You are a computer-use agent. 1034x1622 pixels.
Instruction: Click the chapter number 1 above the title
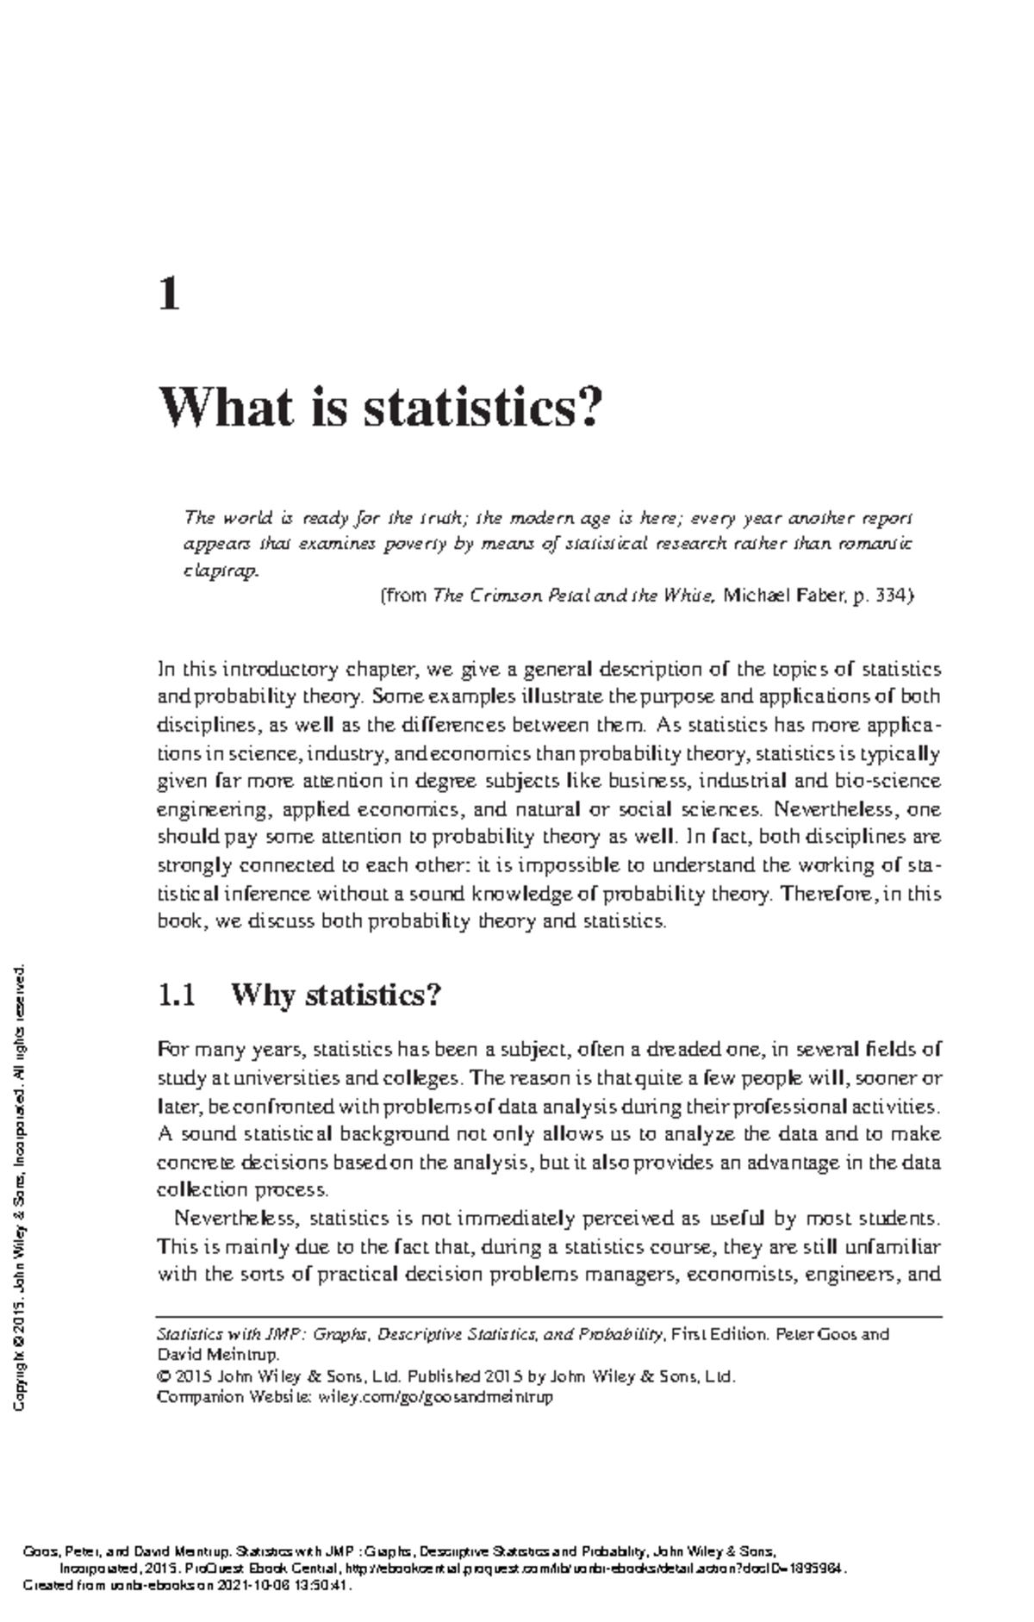[x=169, y=296]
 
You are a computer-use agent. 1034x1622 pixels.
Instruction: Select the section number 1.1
[x=177, y=995]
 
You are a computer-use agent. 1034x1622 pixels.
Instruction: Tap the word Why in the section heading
[x=264, y=995]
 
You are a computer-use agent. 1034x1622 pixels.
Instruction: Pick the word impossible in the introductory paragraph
[x=561, y=865]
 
